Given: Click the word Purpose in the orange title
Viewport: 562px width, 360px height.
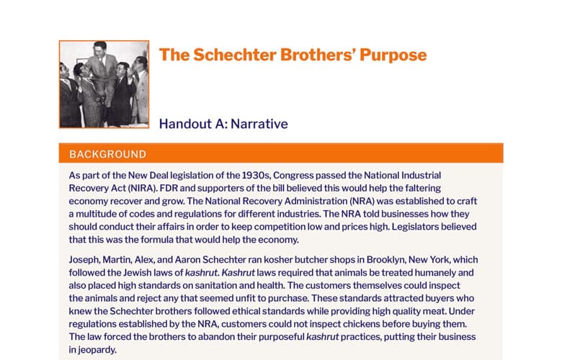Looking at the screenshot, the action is tap(393, 55).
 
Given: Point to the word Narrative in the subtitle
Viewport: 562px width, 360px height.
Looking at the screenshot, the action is tap(259, 124).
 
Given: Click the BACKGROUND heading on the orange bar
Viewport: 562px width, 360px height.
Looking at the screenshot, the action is tap(108, 154).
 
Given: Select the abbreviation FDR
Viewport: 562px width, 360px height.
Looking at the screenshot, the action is tap(169, 189).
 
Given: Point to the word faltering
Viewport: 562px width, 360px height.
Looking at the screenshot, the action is tap(423, 189).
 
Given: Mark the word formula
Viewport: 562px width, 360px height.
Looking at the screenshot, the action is tap(156, 240).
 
